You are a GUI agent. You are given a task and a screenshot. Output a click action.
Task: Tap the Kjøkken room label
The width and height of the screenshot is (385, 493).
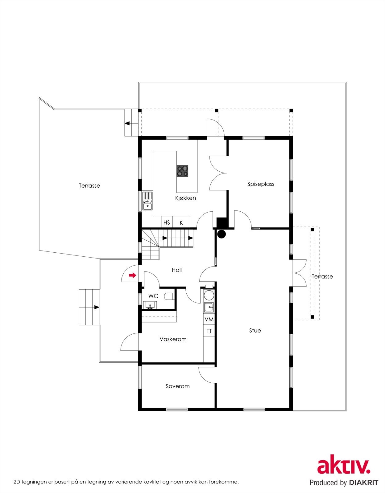[185, 198]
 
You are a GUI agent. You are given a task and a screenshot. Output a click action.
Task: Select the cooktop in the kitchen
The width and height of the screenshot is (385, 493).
[182, 171]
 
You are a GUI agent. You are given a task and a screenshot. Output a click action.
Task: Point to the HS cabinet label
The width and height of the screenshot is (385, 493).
[167, 222]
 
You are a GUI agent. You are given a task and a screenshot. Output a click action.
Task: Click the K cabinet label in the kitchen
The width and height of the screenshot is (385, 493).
[181, 222]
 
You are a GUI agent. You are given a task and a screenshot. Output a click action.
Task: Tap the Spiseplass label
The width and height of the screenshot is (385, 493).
[261, 184]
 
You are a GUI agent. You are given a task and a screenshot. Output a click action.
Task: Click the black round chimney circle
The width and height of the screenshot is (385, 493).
[221, 234]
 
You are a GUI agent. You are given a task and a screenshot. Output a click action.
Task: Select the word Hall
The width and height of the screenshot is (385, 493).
[177, 270]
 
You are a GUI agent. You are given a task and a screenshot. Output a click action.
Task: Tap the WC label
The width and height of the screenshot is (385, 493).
[153, 296]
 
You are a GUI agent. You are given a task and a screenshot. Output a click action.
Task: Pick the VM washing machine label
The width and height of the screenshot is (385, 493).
[209, 320]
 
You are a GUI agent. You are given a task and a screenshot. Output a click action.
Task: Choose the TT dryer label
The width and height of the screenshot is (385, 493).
[209, 331]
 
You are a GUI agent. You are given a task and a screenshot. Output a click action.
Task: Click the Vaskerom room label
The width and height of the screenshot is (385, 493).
[173, 339]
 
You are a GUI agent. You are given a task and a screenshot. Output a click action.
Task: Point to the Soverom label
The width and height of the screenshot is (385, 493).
[178, 386]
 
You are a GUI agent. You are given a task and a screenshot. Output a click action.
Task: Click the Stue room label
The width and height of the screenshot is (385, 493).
[255, 331]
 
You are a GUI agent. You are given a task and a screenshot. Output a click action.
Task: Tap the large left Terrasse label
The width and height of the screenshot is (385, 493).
[89, 185]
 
